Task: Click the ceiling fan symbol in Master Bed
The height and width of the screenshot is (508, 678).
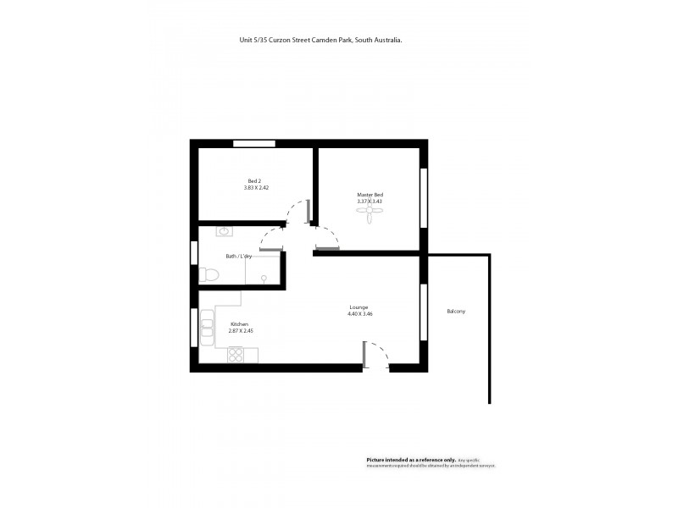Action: point(370,217)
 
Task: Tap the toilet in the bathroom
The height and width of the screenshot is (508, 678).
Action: point(208,274)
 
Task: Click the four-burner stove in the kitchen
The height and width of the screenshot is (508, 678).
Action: point(236,355)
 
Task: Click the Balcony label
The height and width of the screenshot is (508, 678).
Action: point(456,312)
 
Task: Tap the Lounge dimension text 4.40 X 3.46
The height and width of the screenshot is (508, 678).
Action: point(360,314)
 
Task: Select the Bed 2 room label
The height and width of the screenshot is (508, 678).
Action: point(253,180)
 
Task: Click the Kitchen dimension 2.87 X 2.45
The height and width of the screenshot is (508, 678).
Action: point(241,331)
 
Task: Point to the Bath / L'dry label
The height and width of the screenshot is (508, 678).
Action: point(238,256)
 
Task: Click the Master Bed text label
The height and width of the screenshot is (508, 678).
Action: point(370,195)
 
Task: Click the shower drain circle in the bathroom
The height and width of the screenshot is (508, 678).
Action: point(264,277)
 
